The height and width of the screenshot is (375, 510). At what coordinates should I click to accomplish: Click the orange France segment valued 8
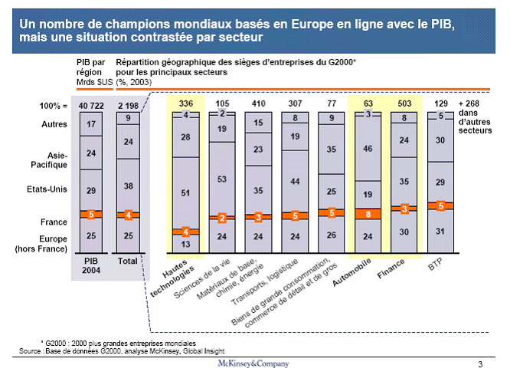(x=368, y=214)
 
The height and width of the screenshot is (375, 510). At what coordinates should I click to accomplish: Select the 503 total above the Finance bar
(x=404, y=103)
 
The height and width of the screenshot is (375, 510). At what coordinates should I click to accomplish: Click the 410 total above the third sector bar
(x=258, y=103)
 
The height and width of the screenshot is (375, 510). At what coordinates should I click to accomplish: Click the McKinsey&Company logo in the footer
(x=254, y=362)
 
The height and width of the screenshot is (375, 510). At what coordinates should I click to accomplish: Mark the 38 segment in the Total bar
(x=128, y=186)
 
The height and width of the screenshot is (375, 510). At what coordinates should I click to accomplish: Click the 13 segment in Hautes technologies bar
(x=185, y=244)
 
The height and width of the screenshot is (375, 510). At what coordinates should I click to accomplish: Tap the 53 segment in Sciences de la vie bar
(x=223, y=179)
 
